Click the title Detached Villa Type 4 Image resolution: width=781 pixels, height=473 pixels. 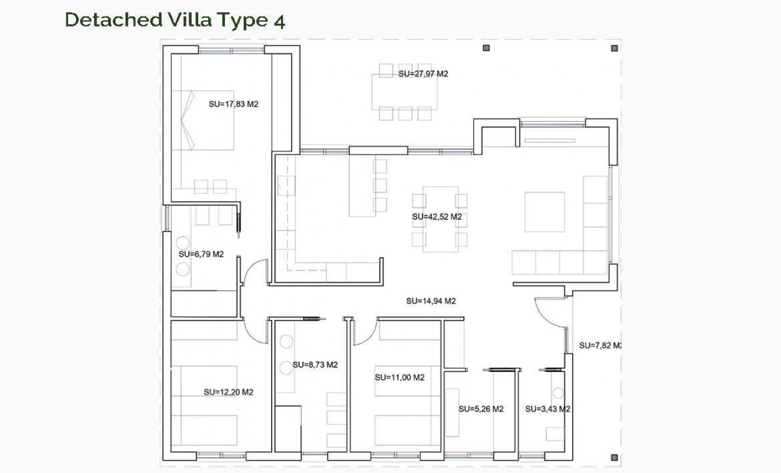175,20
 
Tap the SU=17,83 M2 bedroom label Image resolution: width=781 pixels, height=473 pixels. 234,104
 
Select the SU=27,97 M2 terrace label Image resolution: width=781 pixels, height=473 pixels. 423,74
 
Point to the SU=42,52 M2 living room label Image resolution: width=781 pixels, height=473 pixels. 437,217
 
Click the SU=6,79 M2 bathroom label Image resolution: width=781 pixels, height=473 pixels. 201,254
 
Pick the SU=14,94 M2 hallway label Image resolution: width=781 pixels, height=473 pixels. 431,301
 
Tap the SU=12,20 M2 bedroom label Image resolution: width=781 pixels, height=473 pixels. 228,392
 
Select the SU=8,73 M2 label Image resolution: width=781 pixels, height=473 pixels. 315,365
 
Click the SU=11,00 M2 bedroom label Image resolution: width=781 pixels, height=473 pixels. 399,377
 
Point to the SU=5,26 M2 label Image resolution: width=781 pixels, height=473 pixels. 481,409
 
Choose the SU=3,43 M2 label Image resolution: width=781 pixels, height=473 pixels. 547,409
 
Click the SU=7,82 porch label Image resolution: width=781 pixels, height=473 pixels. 599,345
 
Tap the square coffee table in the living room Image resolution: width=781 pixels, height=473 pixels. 544,212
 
